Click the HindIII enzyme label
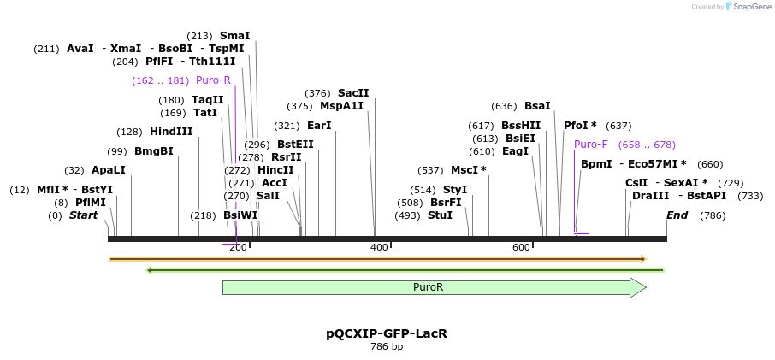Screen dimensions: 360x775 172,132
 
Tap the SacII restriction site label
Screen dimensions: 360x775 353,93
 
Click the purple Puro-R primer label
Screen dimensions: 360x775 213,80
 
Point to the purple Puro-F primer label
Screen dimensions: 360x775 591,145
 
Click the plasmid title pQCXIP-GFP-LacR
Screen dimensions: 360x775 387,333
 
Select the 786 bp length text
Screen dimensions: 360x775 387,347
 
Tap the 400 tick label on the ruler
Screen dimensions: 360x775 379,247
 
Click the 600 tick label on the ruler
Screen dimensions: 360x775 521,247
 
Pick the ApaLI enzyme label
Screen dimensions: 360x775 109,170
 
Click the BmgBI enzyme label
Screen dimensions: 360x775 154,151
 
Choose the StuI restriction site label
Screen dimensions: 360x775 440,215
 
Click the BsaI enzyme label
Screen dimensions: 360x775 537,106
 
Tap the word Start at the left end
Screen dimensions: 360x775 83,215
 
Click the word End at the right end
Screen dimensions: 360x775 677,215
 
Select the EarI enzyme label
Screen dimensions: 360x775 319,126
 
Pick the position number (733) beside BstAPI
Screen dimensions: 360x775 750,196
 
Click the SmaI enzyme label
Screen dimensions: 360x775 235,36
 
